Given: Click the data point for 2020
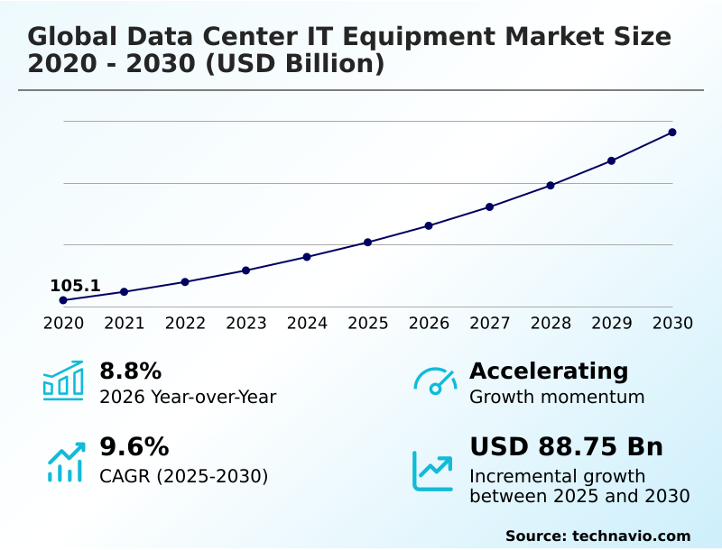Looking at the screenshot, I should [63, 300].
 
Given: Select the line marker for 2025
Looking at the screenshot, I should [368, 243].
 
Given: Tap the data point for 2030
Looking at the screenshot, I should [672, 133].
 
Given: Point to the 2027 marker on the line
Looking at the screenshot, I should [490, 207].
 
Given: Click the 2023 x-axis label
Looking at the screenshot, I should [246, 324].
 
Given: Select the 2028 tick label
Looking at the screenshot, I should [551, 324].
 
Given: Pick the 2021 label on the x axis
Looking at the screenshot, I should [125, 324].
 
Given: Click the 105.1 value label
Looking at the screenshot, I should [75, 286].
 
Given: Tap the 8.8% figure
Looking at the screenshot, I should [130, 371].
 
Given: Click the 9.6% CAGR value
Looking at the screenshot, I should [134, 447].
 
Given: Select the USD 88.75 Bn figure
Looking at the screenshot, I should [566, 447].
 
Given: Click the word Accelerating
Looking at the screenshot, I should [549, 371].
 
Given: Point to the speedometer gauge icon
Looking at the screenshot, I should [435, 381].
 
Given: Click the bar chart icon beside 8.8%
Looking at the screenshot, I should [63, 380].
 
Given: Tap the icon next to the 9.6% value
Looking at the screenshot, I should [65, 462].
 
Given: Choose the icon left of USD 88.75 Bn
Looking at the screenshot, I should [433, 471].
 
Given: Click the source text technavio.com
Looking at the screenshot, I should [631, 536].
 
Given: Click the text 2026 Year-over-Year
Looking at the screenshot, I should [188, 397].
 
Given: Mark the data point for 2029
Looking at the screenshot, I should [611, 160].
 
